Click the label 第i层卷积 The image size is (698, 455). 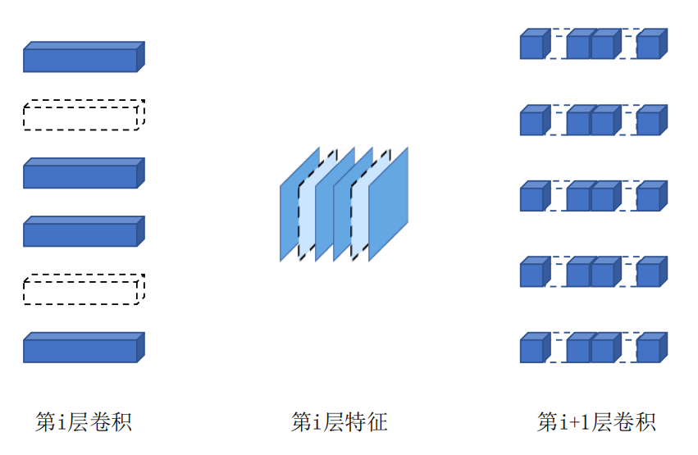[x=84, y=422]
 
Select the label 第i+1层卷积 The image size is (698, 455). [x=596, y=422]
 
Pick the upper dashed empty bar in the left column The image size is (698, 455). [x=83, y=116]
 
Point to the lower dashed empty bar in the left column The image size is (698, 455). [x=83, y=290]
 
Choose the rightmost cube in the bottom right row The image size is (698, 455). [x=650, y=349]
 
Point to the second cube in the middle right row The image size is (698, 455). [x=579, y=198]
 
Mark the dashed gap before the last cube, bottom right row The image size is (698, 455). [x=626, y=349]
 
